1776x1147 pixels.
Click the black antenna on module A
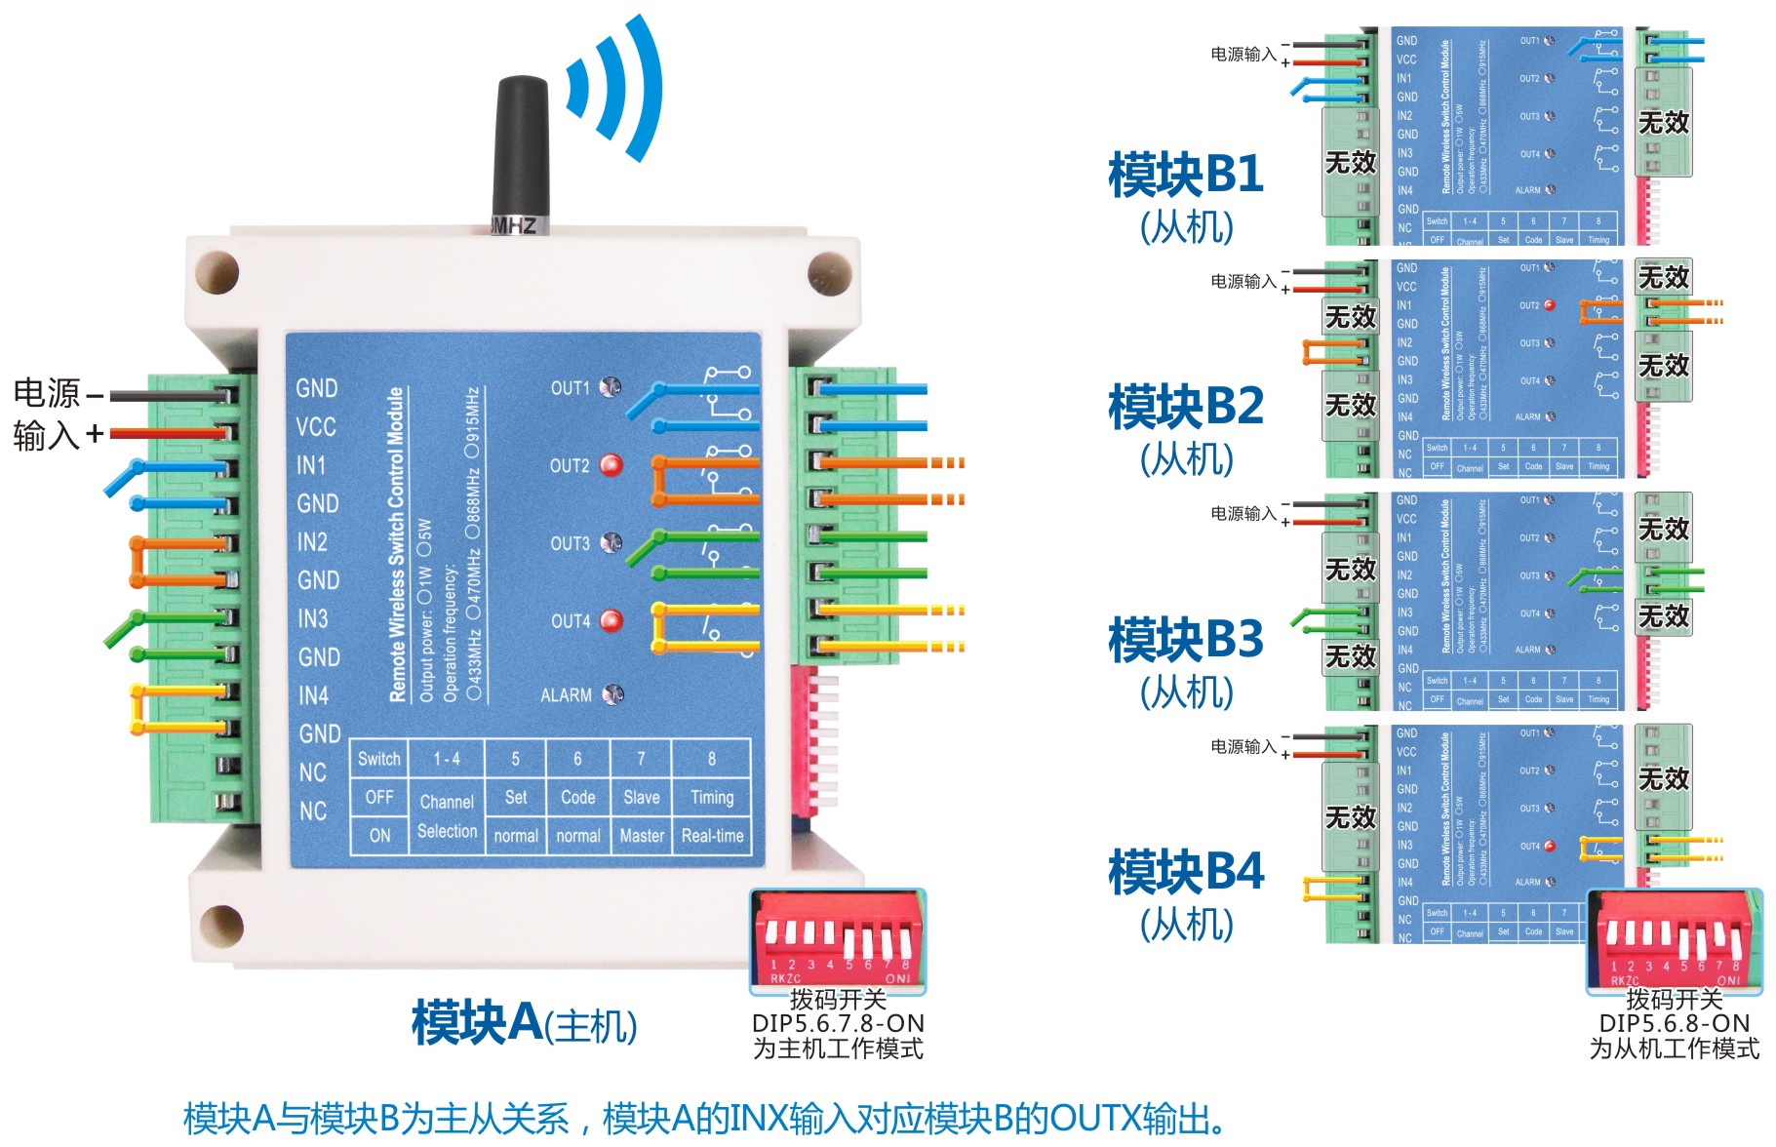tap(521, 151)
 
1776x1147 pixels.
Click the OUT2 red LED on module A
tap(612, 465)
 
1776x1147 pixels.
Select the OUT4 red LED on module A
tap(612, 620)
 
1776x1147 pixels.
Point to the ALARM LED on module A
tap(612, 694)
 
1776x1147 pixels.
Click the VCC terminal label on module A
tap(316, 427)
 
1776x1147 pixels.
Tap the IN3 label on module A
tap(313, 618)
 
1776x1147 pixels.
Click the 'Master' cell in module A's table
tap(642, 836)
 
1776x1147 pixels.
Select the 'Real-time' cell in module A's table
tap(712, 836)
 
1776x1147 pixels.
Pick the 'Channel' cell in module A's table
tap(447, 802)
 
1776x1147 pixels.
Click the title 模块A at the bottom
tap(476, 1023)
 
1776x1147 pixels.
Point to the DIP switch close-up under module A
tap(838, 941)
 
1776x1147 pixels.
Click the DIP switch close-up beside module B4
tap(1675, 941)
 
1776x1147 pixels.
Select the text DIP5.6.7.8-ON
tap(838, 1023)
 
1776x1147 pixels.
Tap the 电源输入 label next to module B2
tap(1243, 282)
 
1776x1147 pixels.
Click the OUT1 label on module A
tap(571, 388)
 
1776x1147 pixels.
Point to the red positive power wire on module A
tap(166, 432)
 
